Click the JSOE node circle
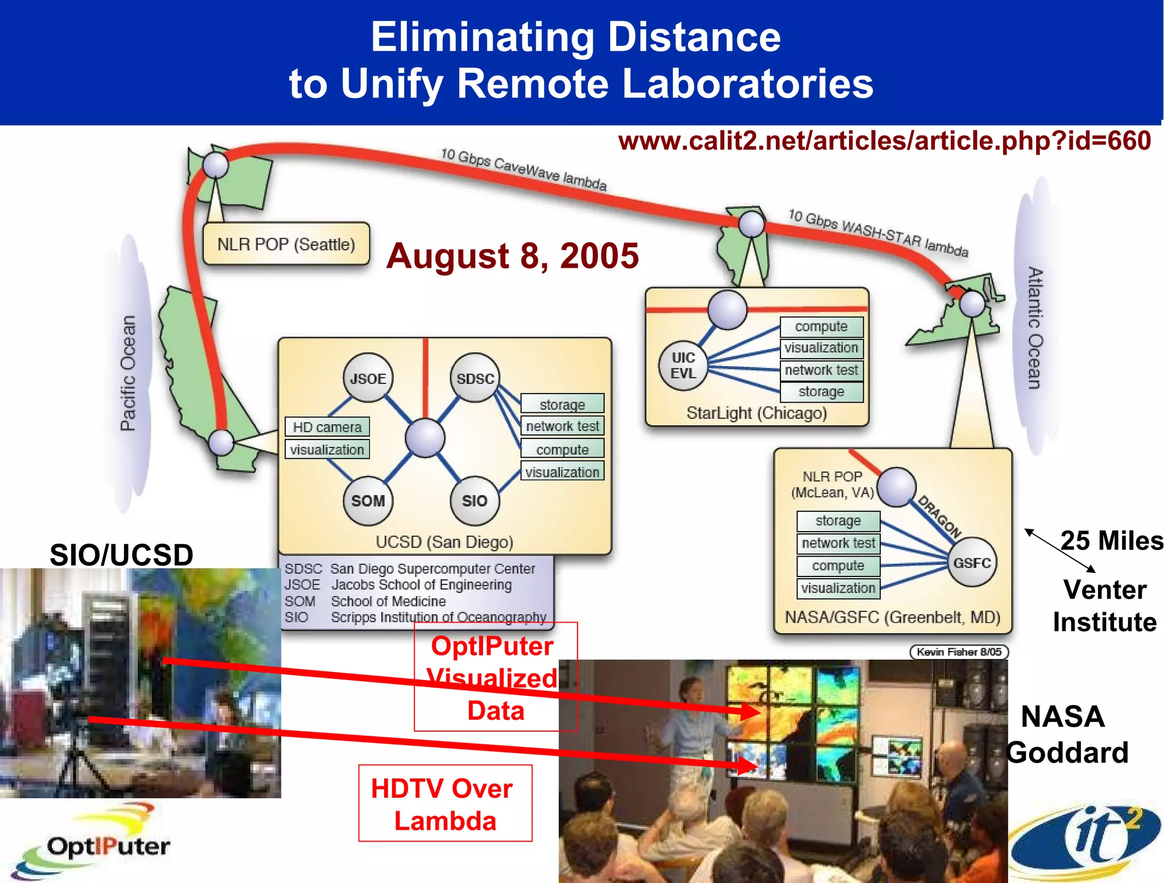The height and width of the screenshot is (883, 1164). [368, 378]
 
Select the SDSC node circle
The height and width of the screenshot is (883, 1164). [475, 378]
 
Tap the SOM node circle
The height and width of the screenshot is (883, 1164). [368, 500]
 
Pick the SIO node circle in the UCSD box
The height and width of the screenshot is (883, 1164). [475, 500]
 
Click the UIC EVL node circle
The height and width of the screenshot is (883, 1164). [683, 366]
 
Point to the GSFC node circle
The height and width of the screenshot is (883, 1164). [972, 562]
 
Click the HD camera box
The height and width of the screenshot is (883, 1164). [327, 426]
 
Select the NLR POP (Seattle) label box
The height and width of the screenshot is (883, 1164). [286, 244]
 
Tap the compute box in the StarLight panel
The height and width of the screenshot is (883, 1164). [821, 326]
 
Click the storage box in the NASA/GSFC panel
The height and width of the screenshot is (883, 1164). [838, 520]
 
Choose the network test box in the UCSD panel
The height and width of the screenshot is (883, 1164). [562, 426]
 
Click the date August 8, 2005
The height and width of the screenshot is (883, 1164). [512, 256]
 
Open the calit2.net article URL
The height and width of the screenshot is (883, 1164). [884, 141]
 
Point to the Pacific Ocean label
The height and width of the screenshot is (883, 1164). [128, 373]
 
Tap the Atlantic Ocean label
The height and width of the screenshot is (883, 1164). [1035, 328]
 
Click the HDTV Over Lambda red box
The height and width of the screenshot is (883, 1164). [445, 803]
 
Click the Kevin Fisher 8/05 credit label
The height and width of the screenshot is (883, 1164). [958, 652]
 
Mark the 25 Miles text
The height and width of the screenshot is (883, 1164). [1111, 541]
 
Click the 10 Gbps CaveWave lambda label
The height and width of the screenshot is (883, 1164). [523, 169]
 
